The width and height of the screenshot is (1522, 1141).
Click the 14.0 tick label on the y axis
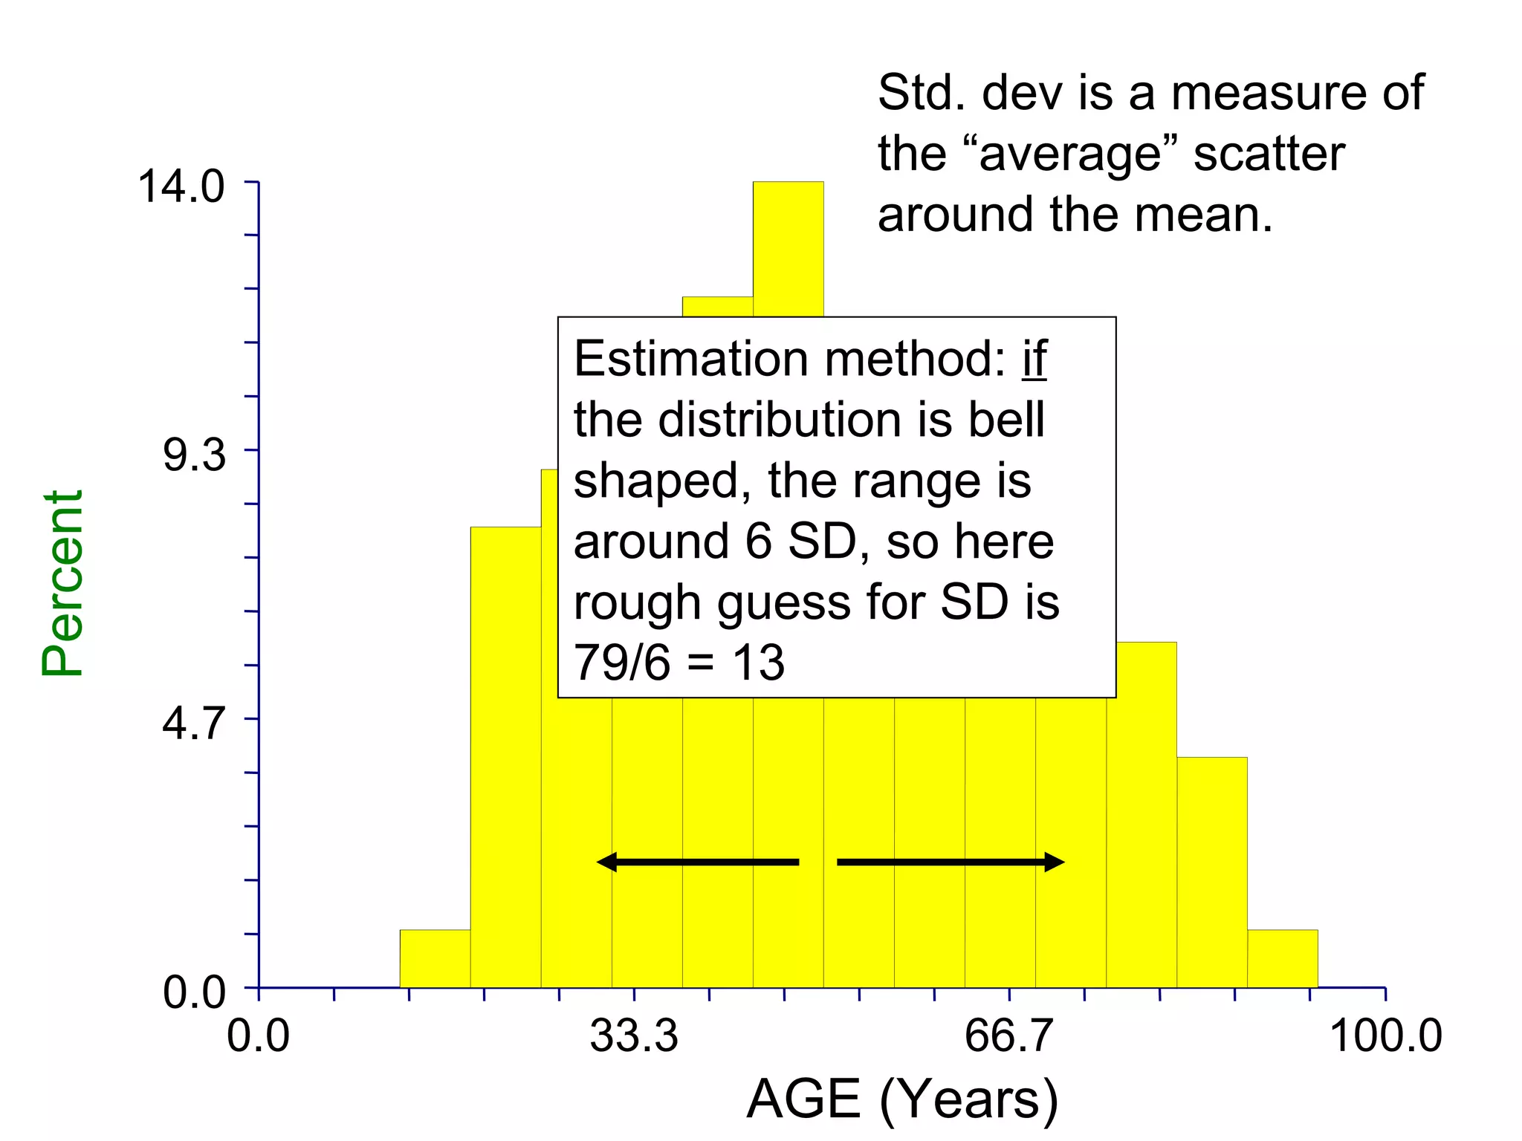click(181, 186)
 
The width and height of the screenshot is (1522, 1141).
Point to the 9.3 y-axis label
click(194, 455)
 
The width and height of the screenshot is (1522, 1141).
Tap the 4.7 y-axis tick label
click(194, 724)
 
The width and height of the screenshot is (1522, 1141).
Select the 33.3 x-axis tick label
click(634, 1036)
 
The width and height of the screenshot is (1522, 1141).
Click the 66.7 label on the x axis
click(1008, 1036)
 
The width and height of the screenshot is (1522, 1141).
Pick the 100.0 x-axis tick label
click(1385, 1036)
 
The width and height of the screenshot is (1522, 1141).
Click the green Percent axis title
click(62, 583)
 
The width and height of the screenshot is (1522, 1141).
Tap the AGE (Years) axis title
click(902, 1100)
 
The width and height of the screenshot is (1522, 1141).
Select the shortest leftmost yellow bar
click(435, 959)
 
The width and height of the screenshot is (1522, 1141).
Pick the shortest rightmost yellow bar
click(1282, 959)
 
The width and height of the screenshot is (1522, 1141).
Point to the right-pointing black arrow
click(951, 862)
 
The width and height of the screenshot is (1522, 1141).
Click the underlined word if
click(1034, 359)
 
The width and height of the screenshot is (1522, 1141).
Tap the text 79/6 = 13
click(679, 663)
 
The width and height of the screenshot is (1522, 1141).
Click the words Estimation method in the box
click(788, 359)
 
